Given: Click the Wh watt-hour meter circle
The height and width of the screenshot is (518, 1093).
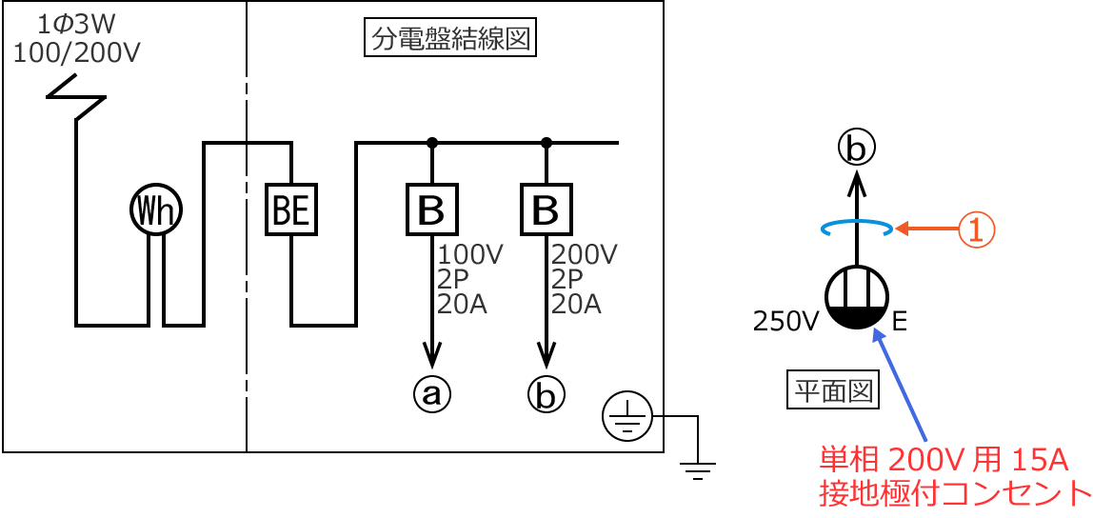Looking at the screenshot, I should [155, 210].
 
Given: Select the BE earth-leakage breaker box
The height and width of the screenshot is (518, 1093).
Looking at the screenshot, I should [290, 209].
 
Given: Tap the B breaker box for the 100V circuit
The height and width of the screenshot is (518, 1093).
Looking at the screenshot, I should [432, 209].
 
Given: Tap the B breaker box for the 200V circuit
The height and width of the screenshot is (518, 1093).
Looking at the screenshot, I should [546, 209].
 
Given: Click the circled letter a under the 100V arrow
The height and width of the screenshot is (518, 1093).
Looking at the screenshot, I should [432, 393].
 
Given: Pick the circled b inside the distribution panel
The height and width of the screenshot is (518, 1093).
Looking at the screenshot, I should [546, 393].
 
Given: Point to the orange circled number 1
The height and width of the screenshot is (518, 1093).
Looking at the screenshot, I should [976, 229].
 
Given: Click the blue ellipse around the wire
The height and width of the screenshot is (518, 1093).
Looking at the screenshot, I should [857, 228].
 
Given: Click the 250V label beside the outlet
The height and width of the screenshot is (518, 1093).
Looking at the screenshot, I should [785, 322].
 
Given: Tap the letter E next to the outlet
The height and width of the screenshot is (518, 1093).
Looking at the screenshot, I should [900, 322].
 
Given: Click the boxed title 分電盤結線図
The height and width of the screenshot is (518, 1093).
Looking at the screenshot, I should [450, 40].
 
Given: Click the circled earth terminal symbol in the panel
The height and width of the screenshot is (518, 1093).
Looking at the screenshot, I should [626, 417].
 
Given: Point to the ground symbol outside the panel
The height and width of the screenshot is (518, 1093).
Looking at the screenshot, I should [698, 468].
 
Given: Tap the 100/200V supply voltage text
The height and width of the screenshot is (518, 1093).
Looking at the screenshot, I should [76, 52].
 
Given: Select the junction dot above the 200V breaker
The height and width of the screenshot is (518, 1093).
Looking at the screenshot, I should [546, 143].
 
